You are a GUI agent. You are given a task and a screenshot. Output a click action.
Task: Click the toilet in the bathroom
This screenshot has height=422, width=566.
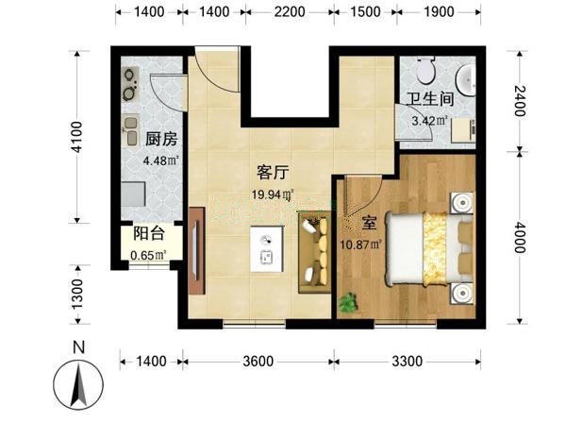(x=426, y=70)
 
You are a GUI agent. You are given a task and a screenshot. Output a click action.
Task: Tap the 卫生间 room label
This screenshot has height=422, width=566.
(x=430, y=99)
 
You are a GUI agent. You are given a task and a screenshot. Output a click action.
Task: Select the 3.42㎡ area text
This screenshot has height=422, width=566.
(x=430, y=121)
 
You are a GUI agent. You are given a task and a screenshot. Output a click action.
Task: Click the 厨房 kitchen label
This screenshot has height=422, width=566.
(x=161, y=139)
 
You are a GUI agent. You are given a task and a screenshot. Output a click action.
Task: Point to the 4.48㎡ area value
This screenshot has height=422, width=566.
(x=161, y=160)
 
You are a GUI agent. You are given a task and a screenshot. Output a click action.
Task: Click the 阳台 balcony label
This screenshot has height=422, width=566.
(x=149, y=233)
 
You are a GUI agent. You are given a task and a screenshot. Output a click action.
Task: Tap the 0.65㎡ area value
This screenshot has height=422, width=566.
(x=148, y=255)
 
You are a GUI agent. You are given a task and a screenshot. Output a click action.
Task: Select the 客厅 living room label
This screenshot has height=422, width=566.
(x=273, y=173)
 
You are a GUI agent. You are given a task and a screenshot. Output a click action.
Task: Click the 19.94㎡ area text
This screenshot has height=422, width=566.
(x=273, y=194)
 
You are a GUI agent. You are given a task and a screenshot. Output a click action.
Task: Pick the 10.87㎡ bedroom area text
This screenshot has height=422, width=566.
(x=361, y=245)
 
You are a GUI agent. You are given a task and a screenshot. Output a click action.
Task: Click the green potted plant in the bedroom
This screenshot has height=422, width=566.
(x=349, y=302)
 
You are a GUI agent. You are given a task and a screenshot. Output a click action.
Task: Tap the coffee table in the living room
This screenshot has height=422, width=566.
(x=267, y=249)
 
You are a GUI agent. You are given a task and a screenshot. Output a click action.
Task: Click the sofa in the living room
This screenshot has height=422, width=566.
(x=314, y=252)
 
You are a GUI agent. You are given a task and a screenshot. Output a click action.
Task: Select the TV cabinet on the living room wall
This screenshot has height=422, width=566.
(x=197, y=250)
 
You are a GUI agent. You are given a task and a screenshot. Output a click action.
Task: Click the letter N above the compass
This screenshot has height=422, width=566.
(x=78, y=347)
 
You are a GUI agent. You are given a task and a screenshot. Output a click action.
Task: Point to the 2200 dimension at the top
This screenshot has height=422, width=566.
(x=290, y=12)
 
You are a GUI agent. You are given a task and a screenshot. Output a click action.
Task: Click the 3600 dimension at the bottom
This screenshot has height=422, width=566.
(x=258, y=362)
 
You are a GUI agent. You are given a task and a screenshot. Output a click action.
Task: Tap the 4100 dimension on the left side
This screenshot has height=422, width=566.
(x=77, y=137)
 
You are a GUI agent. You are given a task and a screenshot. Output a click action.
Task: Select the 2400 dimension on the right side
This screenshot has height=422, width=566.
(x=520, y=101)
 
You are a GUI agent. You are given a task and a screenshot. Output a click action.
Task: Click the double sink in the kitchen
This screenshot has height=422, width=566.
(x=131, y=129)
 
